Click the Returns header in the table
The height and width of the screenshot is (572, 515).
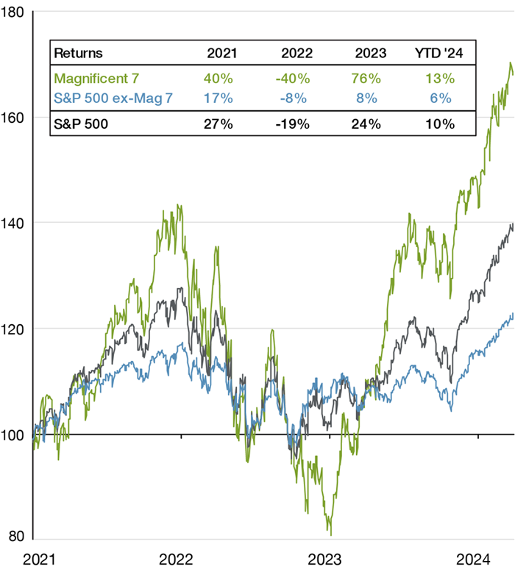click(x=79, y=53)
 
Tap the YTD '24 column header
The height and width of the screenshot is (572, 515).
click(x=441, y=53)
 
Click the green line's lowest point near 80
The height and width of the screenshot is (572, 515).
click(x=331, y=534)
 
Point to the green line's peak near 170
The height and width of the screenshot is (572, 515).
click(x=511, y=64)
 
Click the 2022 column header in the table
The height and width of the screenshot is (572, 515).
click(x=297, y=53)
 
